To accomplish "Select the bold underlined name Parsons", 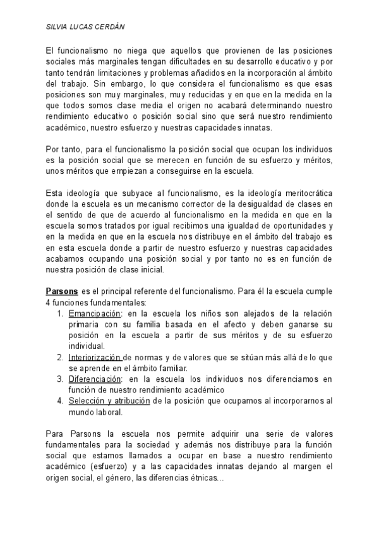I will (62, 291).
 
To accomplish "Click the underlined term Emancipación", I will (94, 314).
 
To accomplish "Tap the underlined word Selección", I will (86, 401).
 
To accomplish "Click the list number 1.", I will (59, 314).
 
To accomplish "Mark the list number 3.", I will (59, 379).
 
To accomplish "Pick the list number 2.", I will (59, 357).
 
